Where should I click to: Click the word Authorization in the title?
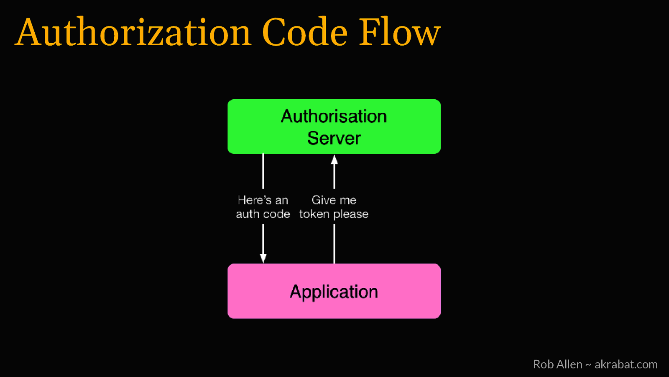point(133,32)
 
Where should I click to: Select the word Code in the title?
point(305,32)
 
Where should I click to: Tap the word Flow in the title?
point(400,32)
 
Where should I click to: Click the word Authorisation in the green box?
point(334,116)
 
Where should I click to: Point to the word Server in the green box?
point(334,138)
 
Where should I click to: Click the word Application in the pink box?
point(334,292)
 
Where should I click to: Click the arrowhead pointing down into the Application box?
point(263,258)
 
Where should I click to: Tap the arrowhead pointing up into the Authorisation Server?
point(334,160)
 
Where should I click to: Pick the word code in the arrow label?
point(277,214)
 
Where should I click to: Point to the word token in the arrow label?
point(314,214)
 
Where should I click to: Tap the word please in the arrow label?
point(351,215)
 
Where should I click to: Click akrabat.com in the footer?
point(626,364)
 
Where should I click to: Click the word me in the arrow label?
point(348,201)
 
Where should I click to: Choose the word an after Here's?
point(282,201)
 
